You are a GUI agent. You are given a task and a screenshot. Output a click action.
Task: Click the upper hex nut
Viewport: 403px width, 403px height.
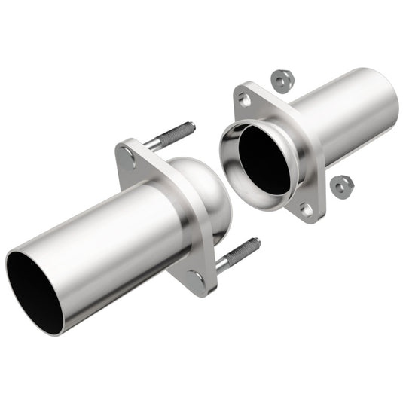click(x=282, y=78)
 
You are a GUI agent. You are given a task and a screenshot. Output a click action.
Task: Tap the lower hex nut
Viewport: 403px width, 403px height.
click(x=341, y=183)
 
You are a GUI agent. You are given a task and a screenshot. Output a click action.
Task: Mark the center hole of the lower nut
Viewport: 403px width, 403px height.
click(x=341, y=182)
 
